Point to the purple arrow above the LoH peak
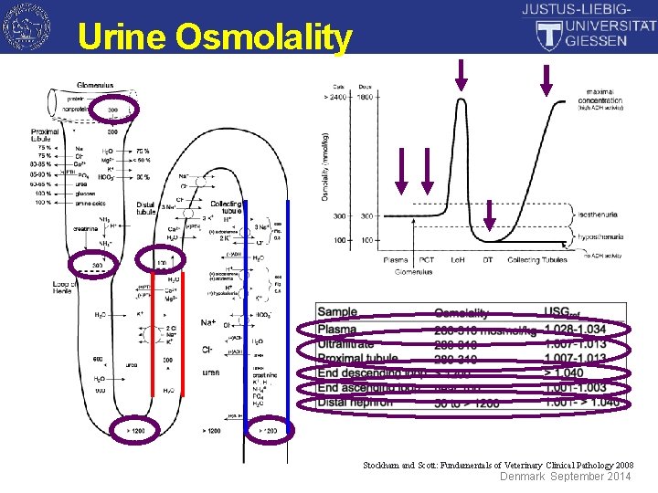(461, 77)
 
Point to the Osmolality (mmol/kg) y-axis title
(326, 166)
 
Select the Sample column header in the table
(337, 312)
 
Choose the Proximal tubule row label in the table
(358, 358)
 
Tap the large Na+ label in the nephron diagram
(207, 323)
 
